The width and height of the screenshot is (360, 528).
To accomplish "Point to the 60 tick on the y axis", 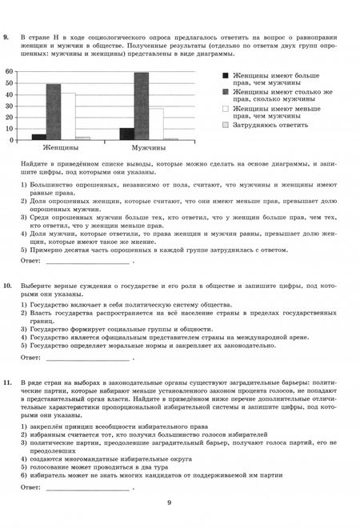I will tap(10, 71).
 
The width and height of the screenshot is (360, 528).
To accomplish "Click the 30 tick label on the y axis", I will tap(10, 106).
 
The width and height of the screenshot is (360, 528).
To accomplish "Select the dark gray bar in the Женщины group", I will tap(53, 112).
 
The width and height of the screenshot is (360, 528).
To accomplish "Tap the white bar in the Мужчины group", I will tap(155, 124).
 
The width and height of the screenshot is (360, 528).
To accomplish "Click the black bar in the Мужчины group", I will tap(126, 134).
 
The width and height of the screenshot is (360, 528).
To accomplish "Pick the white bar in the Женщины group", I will tap(68, 117).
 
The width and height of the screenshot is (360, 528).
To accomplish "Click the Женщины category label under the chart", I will tap(59, 149).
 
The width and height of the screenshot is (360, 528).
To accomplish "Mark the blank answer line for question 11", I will tap(88, 486).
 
